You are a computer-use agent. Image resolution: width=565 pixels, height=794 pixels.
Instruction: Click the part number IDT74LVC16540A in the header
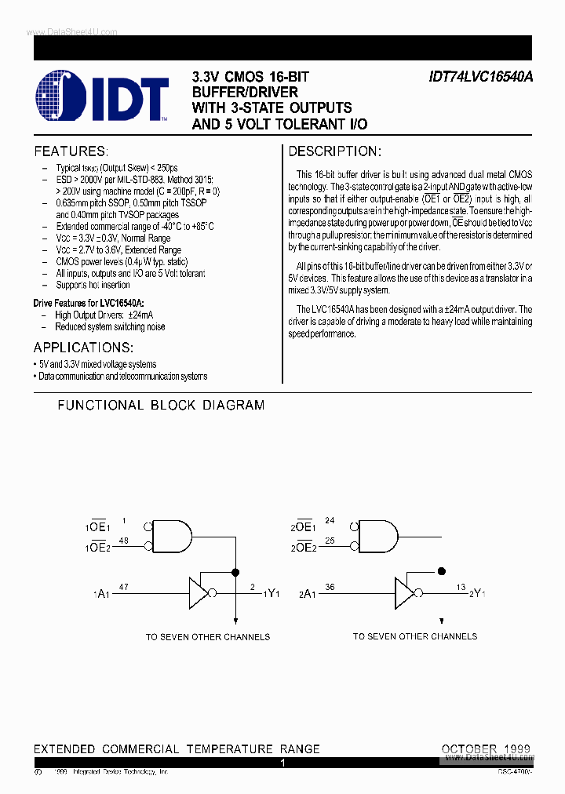[480, 78]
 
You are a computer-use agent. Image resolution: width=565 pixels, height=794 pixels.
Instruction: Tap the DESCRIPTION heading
[334, 151]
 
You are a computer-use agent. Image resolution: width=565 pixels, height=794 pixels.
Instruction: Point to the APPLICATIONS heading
[83, 348]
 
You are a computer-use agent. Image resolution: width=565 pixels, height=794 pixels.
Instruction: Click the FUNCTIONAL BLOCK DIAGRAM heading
[161, 406]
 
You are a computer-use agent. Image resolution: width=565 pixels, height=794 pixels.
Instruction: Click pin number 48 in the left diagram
[124, 541]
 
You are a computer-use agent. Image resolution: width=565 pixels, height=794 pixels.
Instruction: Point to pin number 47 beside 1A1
[124, 586]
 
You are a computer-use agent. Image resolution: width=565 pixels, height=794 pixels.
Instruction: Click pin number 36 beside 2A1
[330, 586]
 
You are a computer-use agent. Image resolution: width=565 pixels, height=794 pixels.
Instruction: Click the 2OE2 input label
[304, 547]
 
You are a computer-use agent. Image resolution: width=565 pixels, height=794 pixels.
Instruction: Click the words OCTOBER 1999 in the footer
[486, 748]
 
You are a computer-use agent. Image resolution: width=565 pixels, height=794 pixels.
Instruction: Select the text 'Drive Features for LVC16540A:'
[89, 303]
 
